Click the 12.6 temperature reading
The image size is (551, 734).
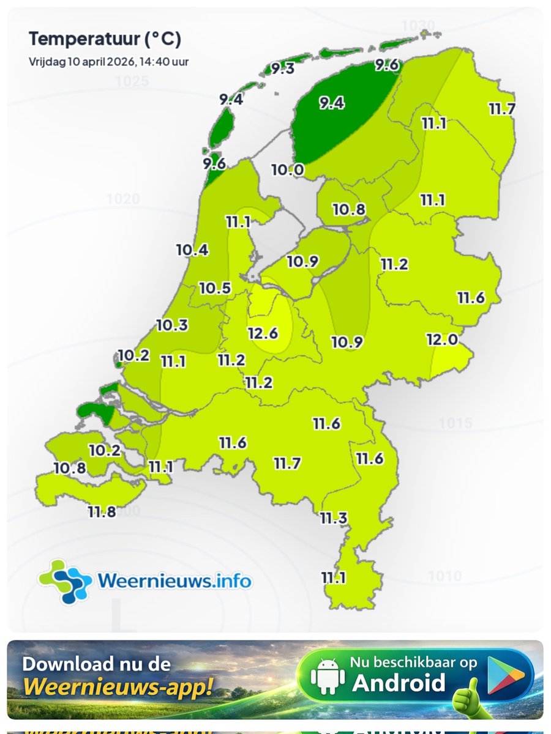[263, 333]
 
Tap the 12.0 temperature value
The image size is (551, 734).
[442, 339]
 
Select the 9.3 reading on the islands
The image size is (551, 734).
[283, 69]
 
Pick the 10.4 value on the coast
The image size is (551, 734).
[192, 250]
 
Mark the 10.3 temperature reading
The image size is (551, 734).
[172, 325]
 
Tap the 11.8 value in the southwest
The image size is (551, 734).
[101, 512]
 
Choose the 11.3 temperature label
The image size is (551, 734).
[334, 519]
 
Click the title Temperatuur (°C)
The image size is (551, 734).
[105, 40]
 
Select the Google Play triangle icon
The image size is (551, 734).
[506, 675]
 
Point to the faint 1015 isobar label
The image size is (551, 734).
[455, 423]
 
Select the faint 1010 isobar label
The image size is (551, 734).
[444, 576]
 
